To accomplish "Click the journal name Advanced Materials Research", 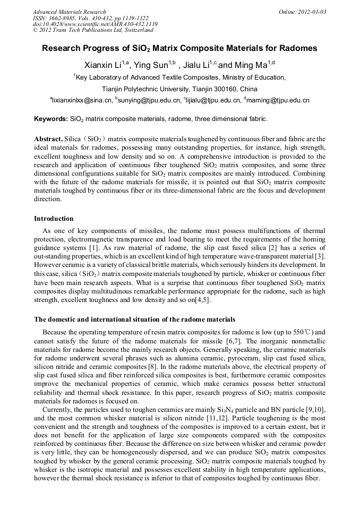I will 69,12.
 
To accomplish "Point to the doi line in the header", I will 95,24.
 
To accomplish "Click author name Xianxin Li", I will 102,65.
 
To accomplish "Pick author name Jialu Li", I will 197,65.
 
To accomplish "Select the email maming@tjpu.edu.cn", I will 278,100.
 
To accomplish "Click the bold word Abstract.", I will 48,139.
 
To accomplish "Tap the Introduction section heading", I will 54,218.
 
